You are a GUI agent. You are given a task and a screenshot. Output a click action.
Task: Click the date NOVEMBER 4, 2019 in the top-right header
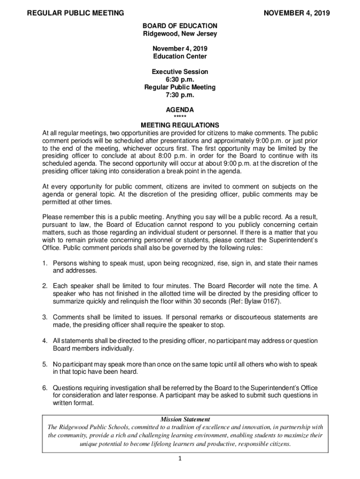296,14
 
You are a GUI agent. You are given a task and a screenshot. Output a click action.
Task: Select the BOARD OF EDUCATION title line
180,26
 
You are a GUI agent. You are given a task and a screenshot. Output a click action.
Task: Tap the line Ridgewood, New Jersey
180,34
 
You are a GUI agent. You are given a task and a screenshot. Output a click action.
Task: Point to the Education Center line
180,57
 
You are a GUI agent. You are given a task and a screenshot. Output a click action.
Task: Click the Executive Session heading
180,72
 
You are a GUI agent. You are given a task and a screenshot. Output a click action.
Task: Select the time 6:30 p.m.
180,80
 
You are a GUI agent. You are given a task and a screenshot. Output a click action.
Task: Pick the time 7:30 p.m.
180,95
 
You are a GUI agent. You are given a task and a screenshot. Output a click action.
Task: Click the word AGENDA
180,110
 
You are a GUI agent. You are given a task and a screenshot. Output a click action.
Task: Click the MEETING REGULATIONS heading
180,125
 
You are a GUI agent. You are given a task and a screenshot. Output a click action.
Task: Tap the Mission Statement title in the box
180,419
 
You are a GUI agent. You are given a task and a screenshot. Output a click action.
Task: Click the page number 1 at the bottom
180,458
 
